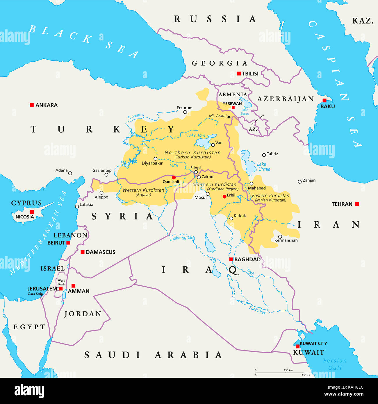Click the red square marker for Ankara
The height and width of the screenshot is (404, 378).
(32, 105)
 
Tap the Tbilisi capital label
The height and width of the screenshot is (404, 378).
(250, 74)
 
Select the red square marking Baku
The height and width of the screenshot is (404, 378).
(324, 100)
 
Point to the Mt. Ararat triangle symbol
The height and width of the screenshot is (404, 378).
(229, 117)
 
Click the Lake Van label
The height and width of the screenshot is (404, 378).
(196, 135)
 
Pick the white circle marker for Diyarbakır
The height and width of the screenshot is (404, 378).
(156, 159)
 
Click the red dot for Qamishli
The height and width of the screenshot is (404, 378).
(174, 177)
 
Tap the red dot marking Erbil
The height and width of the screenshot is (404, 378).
(224, 196)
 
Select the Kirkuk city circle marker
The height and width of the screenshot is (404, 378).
(231, 218)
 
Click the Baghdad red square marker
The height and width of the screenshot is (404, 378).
(231, 259)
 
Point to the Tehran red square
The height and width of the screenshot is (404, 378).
(357, 204)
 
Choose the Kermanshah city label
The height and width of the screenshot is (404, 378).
(286, 240)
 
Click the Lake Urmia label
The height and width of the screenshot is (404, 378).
(264, 167)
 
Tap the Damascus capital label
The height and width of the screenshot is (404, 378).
(101, 252)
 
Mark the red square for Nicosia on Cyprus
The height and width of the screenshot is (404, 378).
(32, 212)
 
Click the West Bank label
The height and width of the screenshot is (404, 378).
(61, 283)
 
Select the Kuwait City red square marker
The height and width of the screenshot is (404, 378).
(297, 346)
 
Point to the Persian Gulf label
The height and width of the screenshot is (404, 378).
(335, 364)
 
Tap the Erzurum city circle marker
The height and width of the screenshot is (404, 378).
(185, 112)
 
